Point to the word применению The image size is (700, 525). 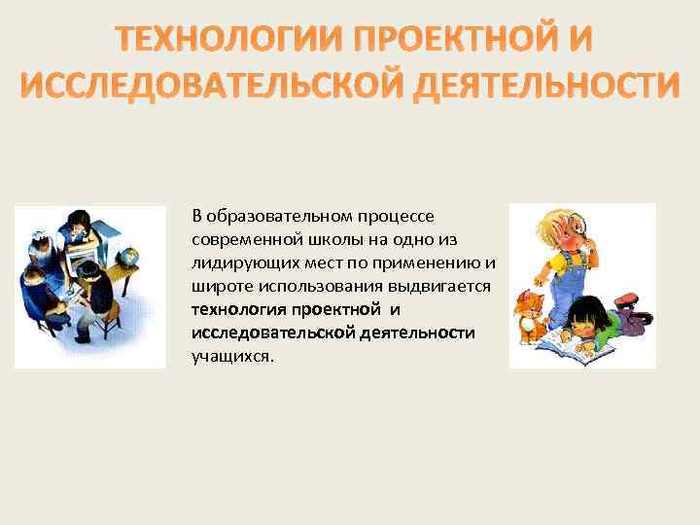[440, 262]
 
